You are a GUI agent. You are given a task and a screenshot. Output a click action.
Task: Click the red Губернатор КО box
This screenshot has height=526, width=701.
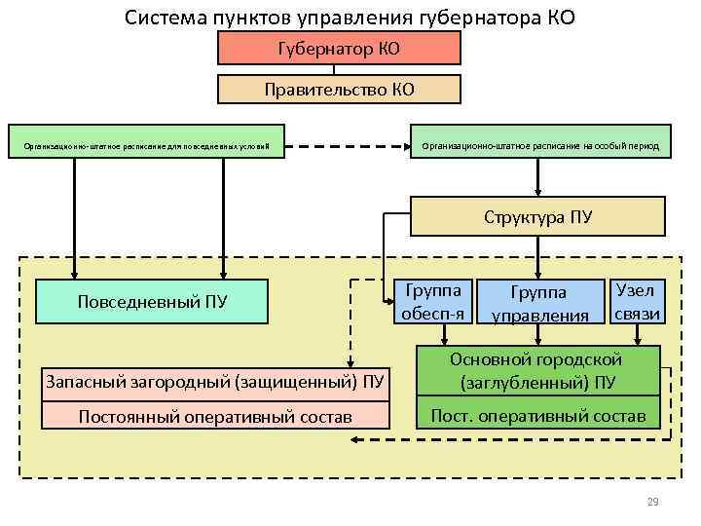(x=339, y=48)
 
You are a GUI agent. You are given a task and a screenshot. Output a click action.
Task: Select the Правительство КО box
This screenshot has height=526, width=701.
(x=339, y=90)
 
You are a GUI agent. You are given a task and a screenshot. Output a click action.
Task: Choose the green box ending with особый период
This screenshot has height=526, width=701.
(x=540, y=146)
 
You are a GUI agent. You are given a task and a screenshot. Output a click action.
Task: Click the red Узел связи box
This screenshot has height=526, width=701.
(x=637, y=301)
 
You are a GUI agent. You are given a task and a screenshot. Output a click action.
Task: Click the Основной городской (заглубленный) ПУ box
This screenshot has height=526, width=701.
(x=538, y=370)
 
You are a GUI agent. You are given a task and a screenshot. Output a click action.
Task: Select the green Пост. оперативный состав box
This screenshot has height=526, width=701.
(x=538, y=416)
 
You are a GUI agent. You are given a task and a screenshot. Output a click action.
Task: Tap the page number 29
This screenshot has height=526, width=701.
(x=652, y=502)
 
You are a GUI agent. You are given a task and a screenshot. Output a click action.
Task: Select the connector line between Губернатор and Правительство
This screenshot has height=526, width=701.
(x=335, y=69)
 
